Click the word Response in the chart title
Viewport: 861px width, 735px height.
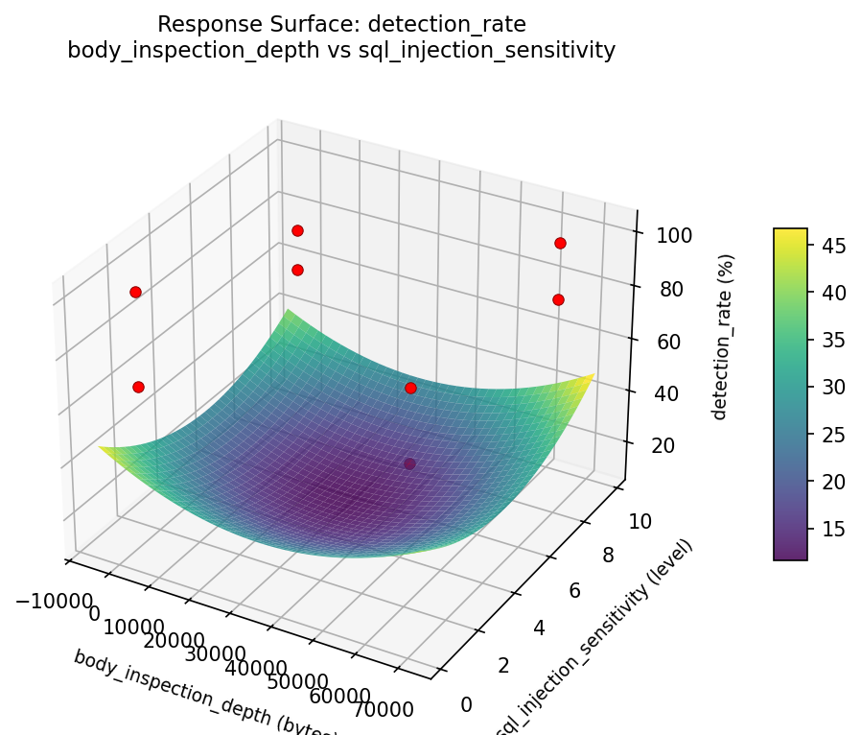[198, 24]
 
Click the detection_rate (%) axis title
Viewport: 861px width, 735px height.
[727, 337]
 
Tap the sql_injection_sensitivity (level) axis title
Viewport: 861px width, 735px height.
[593, 639]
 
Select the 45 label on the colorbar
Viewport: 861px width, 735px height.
[833, 247]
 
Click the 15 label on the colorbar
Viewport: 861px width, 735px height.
[833, 529]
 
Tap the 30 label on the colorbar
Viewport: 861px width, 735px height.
[833, 388]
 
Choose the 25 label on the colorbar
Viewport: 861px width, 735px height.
[833, 435]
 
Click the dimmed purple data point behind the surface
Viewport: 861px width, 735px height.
[410, 464]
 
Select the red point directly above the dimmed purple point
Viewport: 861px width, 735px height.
[410, 389]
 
